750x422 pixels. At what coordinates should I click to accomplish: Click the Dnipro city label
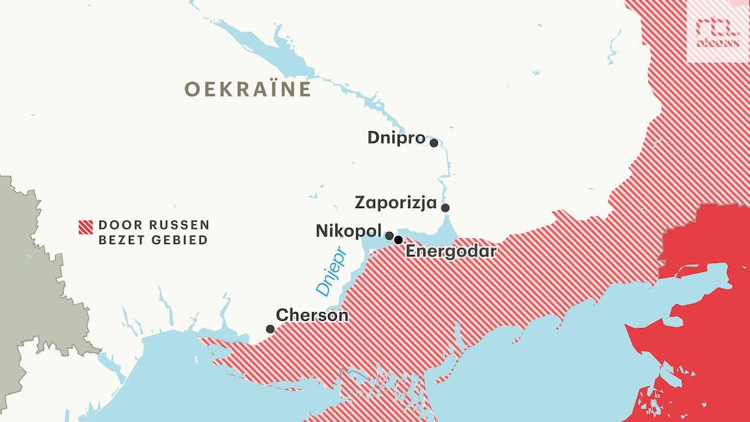[396, 138]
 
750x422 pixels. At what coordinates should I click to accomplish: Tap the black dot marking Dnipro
[434, 143]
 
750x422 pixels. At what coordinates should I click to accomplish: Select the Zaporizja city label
[396, 202]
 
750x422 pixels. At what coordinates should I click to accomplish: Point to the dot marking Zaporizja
[445, 207]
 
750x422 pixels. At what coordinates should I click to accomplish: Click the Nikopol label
[349, 232]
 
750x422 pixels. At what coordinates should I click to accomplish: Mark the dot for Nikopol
[390, 236]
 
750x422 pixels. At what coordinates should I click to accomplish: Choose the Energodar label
[450, 252]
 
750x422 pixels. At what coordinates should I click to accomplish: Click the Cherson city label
[312, 315]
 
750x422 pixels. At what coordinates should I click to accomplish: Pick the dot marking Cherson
[270, 329]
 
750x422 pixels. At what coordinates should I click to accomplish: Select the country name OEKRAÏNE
[248, 89]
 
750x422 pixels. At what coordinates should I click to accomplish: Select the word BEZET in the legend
[122, 240]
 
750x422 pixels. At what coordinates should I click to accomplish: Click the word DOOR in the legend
[116, 225]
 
